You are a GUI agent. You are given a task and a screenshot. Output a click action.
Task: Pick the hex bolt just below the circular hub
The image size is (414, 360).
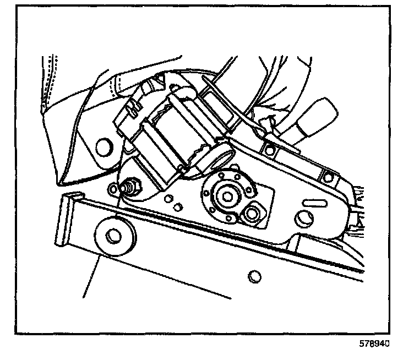[254, 212]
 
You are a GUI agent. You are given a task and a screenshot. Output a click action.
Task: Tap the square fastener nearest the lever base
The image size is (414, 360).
[269, 148]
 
